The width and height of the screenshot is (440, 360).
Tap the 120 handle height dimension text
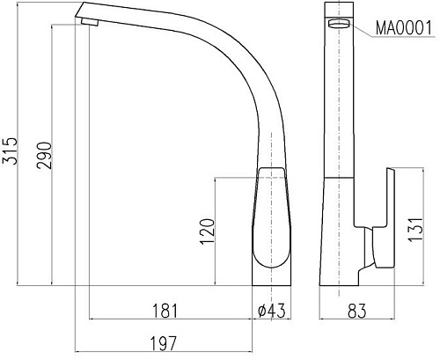pos(208,231)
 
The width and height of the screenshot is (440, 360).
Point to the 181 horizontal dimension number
pos(165,311)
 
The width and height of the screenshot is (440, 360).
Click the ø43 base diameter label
pos(272,311)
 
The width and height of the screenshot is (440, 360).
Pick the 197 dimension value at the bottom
pos(165,342)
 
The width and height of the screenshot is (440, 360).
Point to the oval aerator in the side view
pos(337,25)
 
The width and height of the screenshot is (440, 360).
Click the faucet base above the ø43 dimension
pos(274,277)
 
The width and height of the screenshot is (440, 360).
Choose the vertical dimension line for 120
pos(218,231)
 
